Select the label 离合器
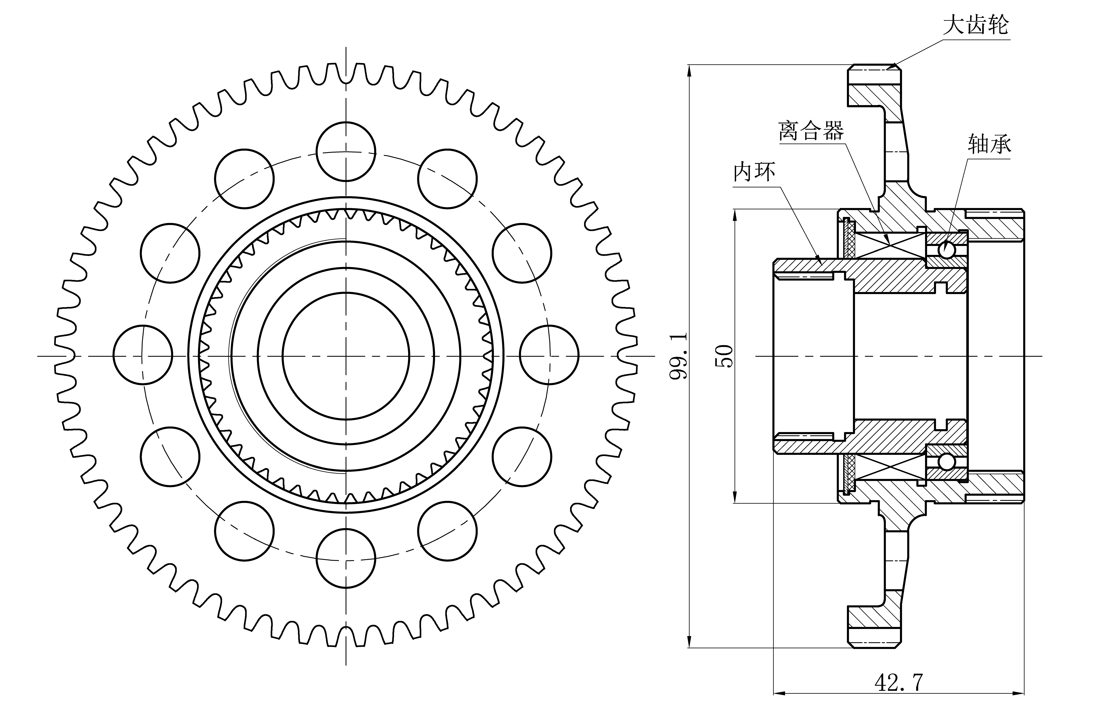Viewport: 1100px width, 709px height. click(x=811, y=131)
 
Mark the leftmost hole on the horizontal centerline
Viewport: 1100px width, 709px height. click(x=143, y=355)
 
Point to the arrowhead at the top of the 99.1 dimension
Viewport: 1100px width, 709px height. click(x=690, y=70)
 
